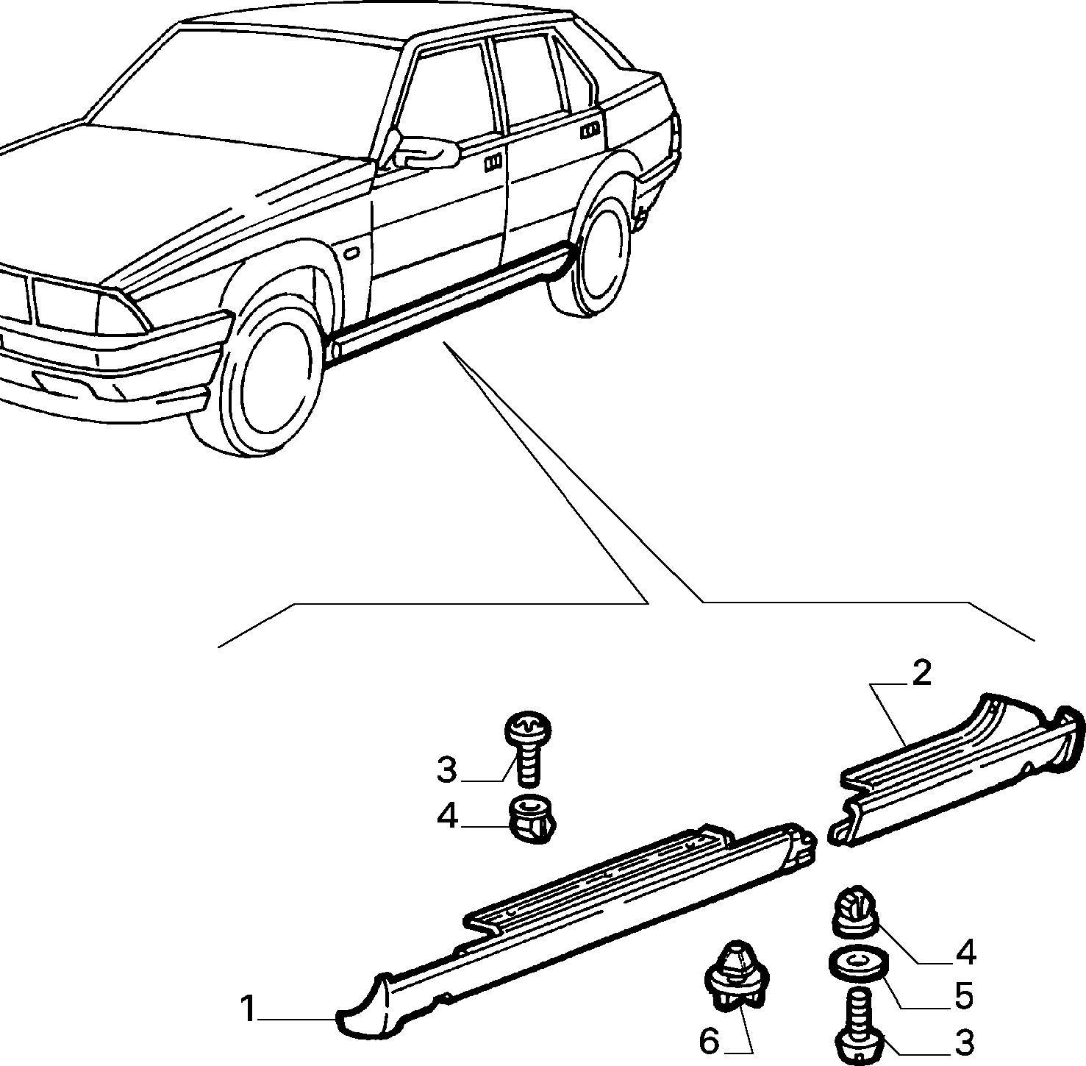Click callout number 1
(249, 1009)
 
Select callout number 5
(964, 997)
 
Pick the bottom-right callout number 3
(964, 1042)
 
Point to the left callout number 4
(447, 816)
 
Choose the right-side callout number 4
(965, 952)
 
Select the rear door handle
(589, 131)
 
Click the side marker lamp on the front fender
(351, 254)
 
